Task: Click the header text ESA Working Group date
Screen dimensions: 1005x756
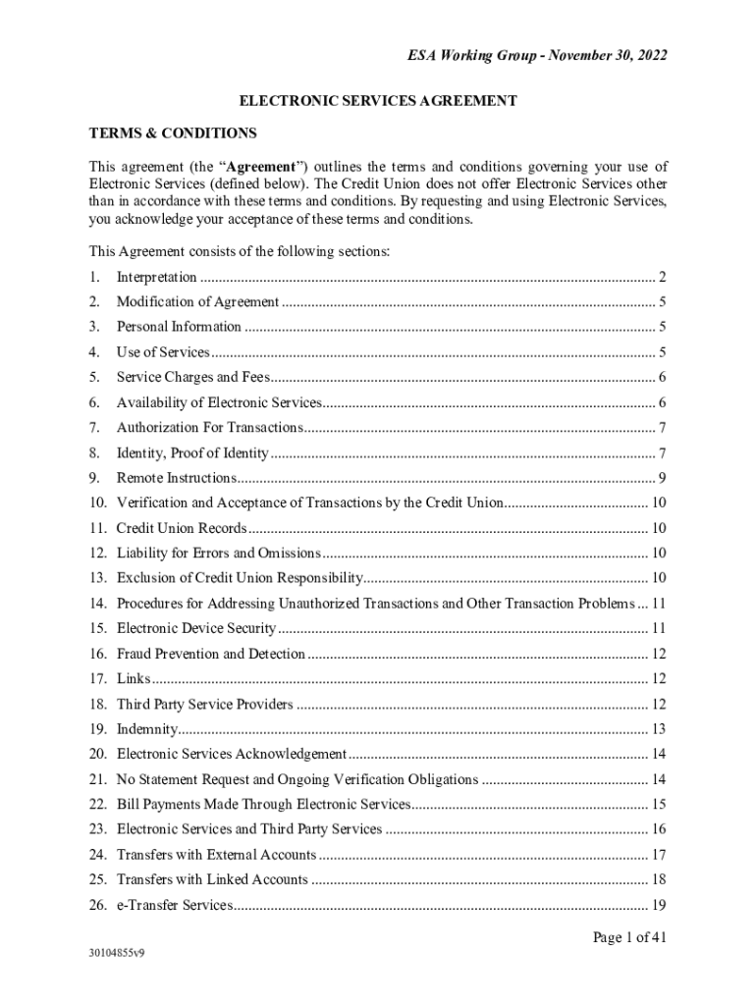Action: (x=537, y=56)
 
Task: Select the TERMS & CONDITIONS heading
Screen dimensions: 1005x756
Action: (x=173, y=132)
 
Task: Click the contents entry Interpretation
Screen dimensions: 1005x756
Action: (x=157, y=278)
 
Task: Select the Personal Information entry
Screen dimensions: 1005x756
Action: (x=179, y=327)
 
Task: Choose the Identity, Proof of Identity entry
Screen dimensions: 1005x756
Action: (x=192, y=453)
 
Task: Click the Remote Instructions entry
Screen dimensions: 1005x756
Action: (x=177, y=478)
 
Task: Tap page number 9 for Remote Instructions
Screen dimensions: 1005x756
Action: (x=664, y=478)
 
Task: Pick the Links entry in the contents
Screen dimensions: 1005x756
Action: (x=134, y=679)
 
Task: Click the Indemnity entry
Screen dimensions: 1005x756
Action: (x=147, y=729)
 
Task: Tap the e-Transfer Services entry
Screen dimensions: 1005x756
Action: (x=175, y=905)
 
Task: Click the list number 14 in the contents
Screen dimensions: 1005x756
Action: (x=97, y=604)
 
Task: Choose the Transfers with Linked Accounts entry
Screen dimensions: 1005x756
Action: (x=212, y=879)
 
